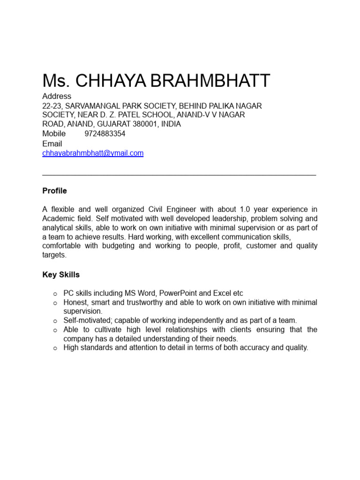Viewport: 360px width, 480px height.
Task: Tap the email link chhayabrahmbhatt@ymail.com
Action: click(x=93, y=153)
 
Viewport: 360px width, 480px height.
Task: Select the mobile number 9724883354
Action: click(x=105, y=134)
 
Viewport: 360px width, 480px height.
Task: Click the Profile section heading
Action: click(x=54, y=191)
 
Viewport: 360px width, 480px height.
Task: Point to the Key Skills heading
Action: click(x=61, y=275)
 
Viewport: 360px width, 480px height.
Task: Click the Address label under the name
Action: click(x=57, y=96)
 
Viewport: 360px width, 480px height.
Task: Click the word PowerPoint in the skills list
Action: click(x=179, y=293)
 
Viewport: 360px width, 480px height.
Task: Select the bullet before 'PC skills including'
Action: click(x=55, y=294)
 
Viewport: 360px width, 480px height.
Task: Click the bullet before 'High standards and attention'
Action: click(x=55, y=348)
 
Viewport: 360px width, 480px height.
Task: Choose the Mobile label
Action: click(x=54, y=134)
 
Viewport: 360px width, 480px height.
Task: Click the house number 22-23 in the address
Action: click(x=52, y=106)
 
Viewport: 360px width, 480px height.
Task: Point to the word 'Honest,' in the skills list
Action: click(x=76, y=302)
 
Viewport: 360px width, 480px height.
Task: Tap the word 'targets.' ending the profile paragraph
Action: click(x=54, y=255)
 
